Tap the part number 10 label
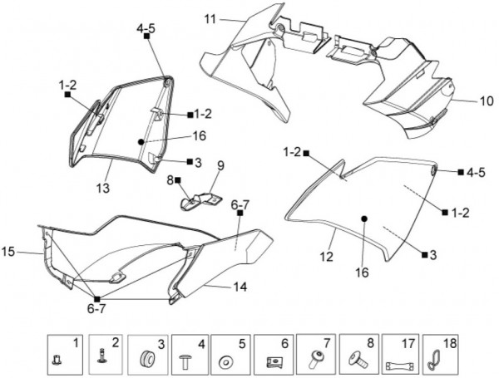[463, 101]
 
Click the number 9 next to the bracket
[220, 165]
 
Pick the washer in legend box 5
[225, 362]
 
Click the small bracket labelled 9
[200, 199]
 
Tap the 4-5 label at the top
[146, 28]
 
